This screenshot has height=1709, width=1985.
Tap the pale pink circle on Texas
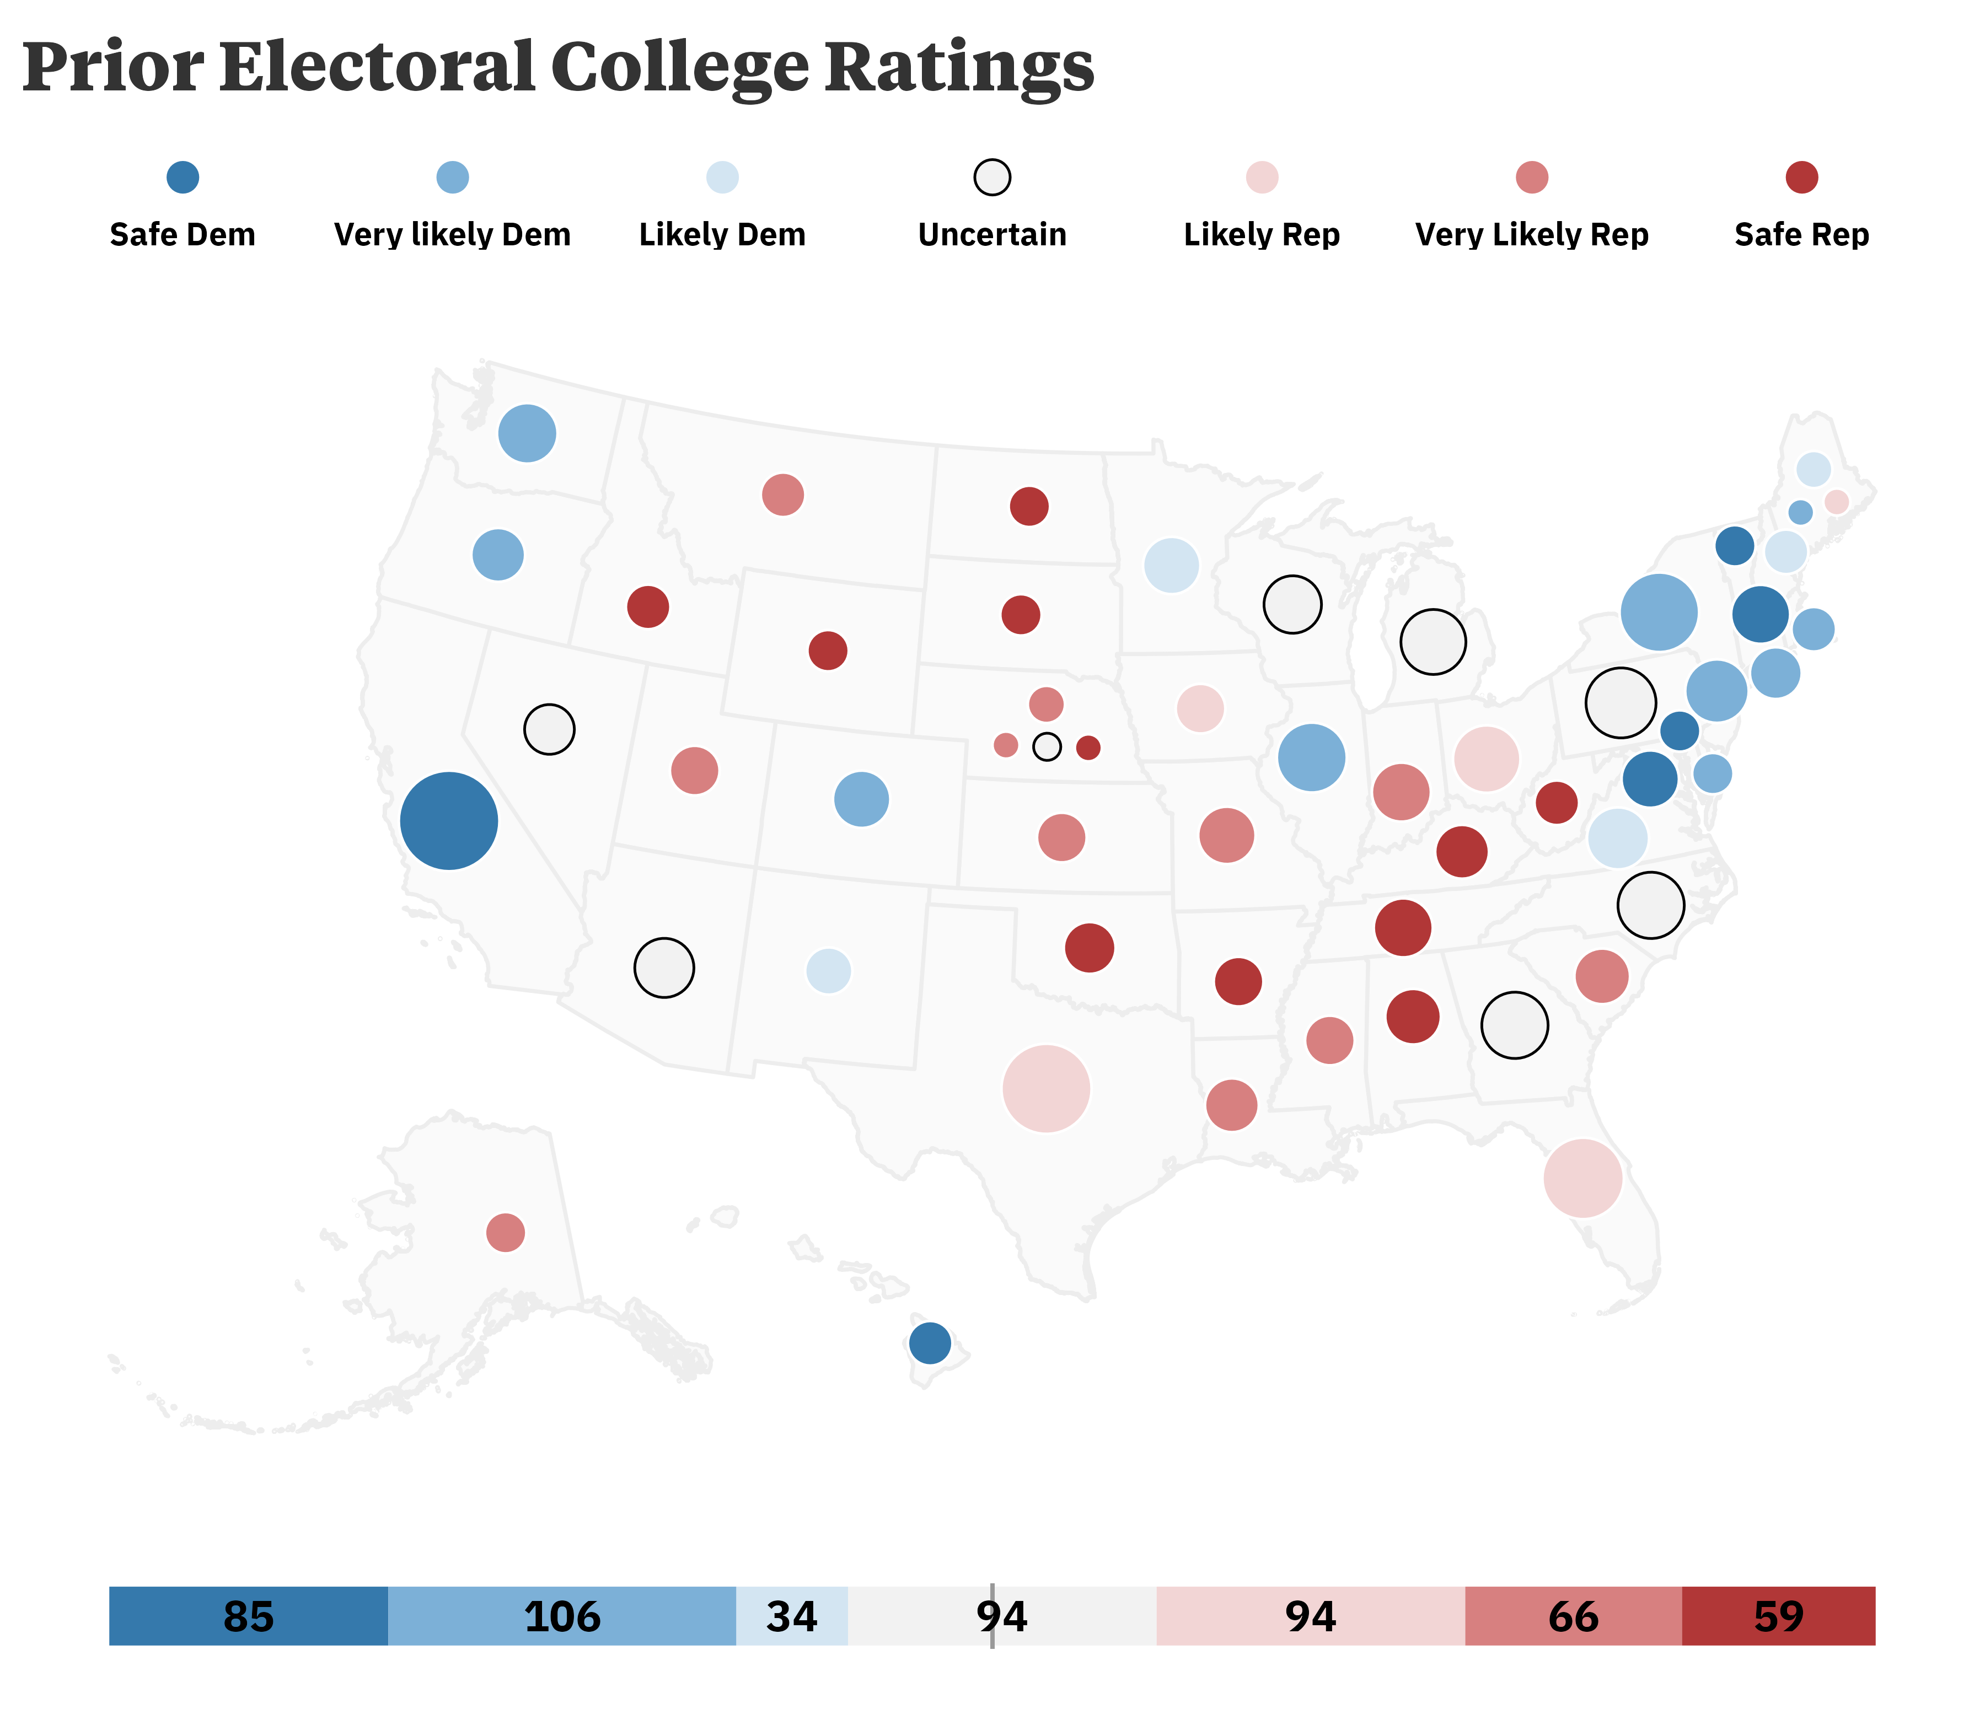[x=1045, y=1088]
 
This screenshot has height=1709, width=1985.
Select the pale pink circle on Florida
[x=1582, y=1178]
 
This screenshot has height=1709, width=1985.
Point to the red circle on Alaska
[x=505, y=1232]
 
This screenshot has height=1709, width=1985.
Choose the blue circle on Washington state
[x=526, y=433]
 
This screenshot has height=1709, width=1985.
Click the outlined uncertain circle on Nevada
[x=549, y=729]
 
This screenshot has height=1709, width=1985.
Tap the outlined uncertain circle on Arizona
[x=664, y=968]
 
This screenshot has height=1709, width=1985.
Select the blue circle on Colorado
[x=861, y=798]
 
